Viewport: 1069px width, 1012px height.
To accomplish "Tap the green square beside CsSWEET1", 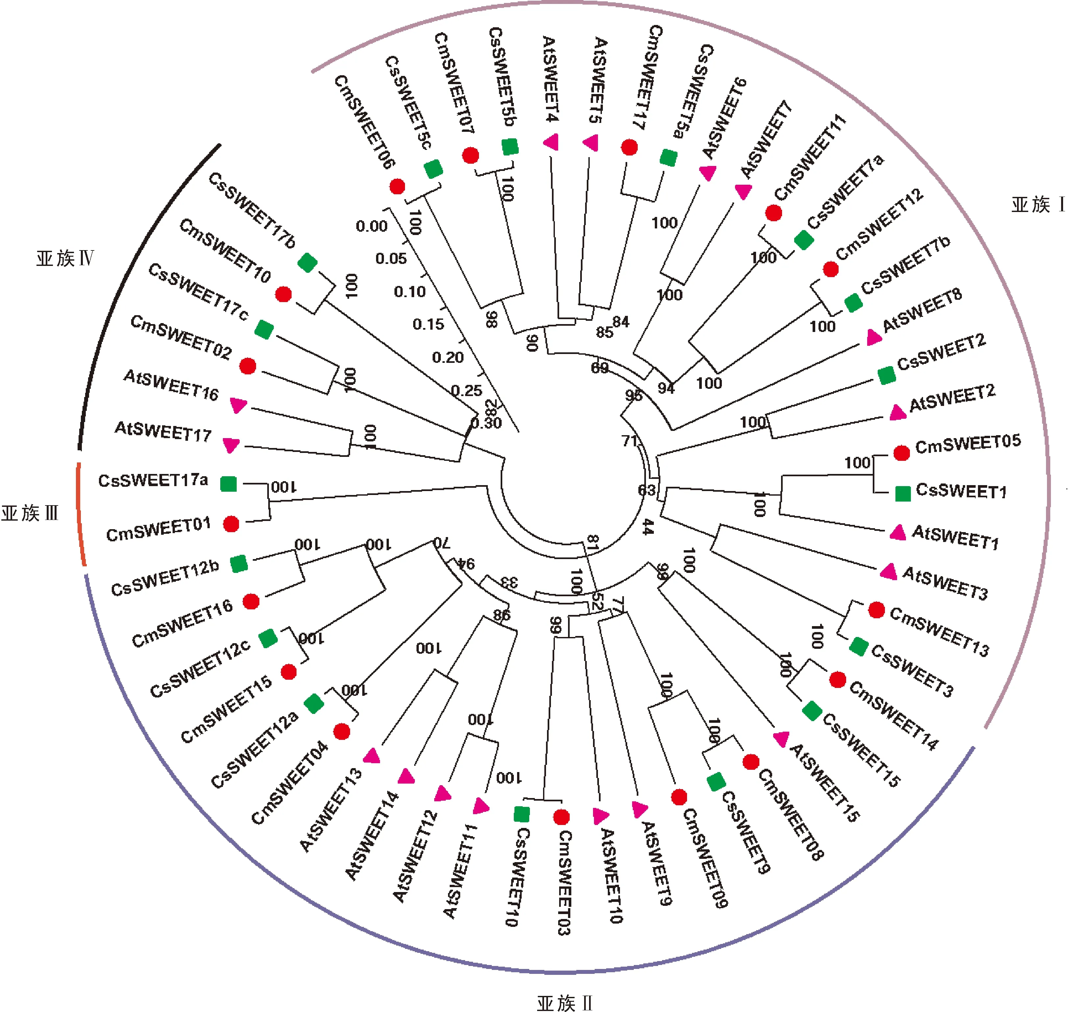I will [x=903, y=493].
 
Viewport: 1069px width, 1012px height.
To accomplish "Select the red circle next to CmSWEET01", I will [x=231, y=524].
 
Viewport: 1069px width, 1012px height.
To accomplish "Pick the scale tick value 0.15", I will [x=428, y=324].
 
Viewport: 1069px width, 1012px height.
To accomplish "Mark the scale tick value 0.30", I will [x=486, y=422].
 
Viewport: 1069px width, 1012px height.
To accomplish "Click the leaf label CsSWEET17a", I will [x=153, y=480].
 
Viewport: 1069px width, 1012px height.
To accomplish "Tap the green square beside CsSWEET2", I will [x=887, y=375].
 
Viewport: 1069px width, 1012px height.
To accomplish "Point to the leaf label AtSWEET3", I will [x=945, y=583].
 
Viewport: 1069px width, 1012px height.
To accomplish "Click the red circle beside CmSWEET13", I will [x=876, y=610].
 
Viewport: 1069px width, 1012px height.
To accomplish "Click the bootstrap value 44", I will [x=647, y=527].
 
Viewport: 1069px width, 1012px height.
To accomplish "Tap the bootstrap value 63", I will [x=647, y=490].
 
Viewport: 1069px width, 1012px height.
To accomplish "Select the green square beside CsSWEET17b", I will [x=308, y=263].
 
